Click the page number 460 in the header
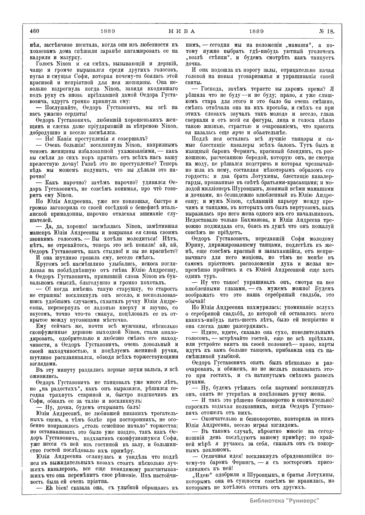(x=35, y=31)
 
